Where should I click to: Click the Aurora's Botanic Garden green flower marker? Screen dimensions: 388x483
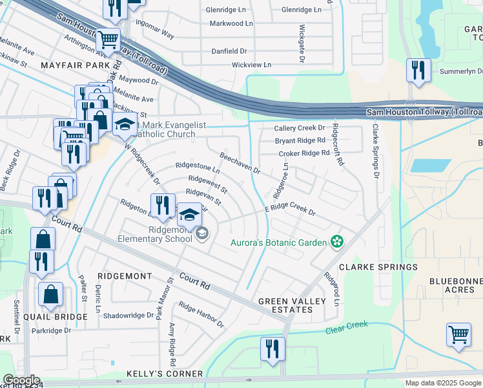coord(336,242)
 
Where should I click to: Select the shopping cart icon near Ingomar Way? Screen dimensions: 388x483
coord(108,40)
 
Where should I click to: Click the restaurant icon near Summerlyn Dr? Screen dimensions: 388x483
coord(418,69)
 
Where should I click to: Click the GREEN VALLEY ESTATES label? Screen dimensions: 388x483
coord(285,305)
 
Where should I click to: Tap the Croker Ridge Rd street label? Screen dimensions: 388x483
coord(303,153)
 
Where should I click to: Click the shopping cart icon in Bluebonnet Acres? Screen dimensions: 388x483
coord(458,336)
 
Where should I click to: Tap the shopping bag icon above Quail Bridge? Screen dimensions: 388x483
coord(50,294)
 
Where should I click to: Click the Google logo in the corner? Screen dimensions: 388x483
coord(21,380)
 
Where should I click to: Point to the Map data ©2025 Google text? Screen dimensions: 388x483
coord(442,383)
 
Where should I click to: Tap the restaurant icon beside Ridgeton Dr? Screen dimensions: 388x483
coord(163,206)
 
